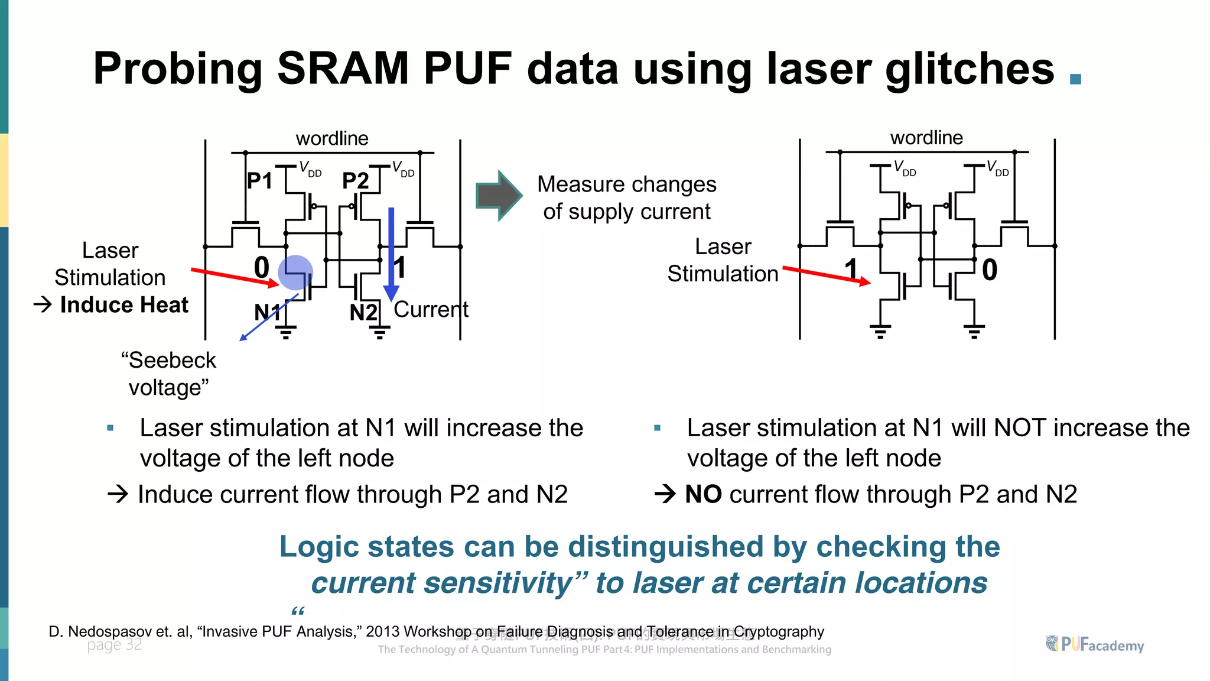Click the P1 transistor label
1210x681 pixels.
[259, 181]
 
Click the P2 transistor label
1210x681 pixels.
[355, 181]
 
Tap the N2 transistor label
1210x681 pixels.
[363, 312]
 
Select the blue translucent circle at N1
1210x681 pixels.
[295, 273]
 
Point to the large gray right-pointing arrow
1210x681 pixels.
[499, 196]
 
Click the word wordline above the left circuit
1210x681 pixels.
[332, 138]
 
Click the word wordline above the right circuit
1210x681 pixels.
[926, 138]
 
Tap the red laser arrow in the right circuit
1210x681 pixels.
[827, 275]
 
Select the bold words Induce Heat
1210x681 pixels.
[124, 305]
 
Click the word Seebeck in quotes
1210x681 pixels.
[172, 360]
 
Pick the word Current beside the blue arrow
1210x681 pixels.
[431, 309]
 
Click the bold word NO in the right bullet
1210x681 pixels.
[703, 494]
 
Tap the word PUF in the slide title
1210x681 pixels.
[467, 69]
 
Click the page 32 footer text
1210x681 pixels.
[115, 644]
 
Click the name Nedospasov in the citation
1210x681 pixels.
[110, 631]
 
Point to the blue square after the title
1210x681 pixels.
[1075, 79]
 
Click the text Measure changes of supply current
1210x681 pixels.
[627, 198]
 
